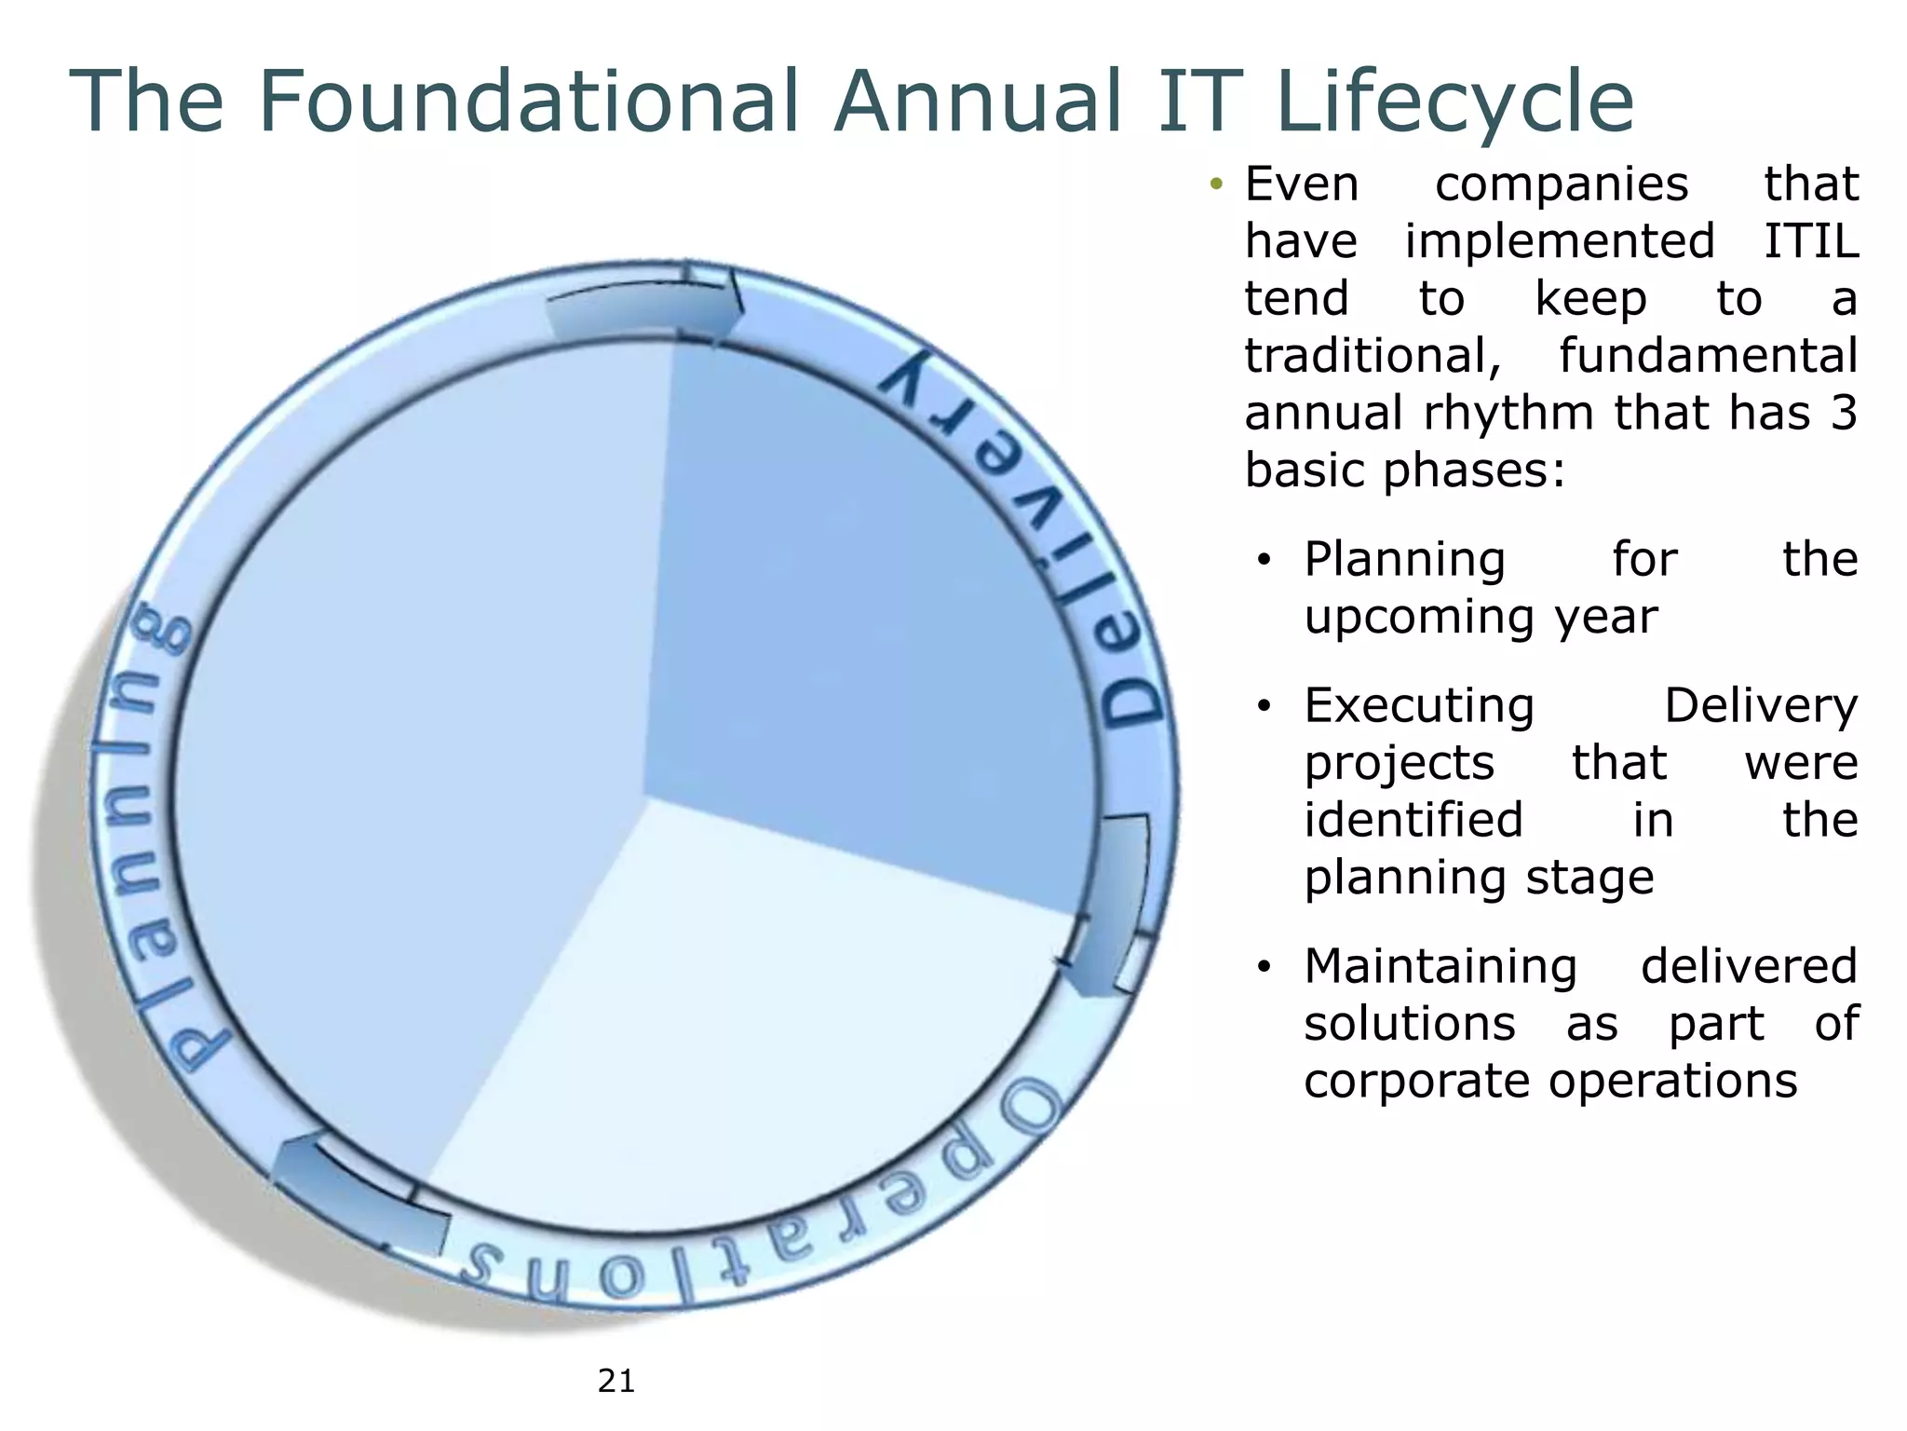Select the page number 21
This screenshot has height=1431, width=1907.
(x=616, y=1381)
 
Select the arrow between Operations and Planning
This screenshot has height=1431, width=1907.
(x=358, y=1197)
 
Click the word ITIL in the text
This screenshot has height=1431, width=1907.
(x=1811, y=241)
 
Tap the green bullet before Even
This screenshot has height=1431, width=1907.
(x=1215, y=184)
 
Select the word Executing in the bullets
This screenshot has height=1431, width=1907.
(x=1419, y=705)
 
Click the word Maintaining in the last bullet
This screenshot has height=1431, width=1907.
(x=1440, y=966)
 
